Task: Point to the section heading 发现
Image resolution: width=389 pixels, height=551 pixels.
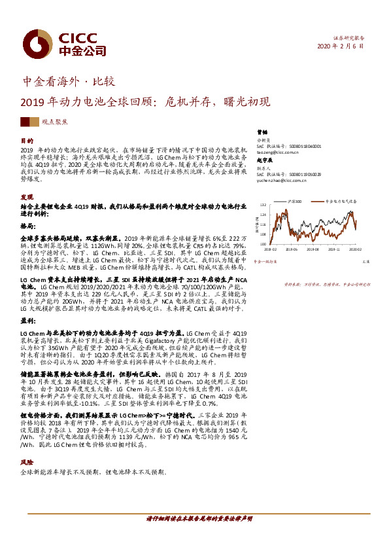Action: point(27,197)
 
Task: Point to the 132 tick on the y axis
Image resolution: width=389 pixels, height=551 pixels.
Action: point(263,205)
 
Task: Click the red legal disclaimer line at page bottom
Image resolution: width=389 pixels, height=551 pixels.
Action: point(194,518)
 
